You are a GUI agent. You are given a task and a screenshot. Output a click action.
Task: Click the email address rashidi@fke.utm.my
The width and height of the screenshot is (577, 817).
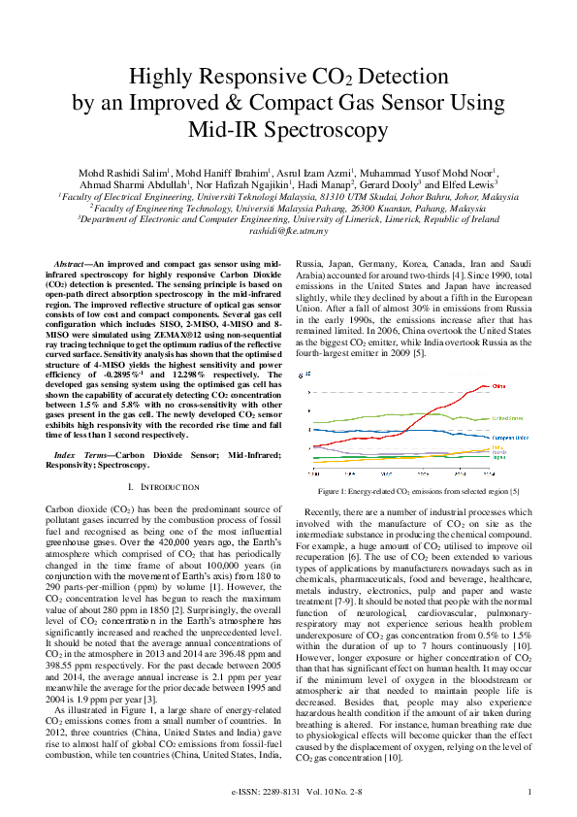coord(288,230)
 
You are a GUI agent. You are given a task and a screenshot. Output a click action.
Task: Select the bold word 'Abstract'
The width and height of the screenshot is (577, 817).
coord(70,264)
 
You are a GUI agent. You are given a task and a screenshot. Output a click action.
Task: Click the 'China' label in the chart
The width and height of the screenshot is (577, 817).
coord(528,386)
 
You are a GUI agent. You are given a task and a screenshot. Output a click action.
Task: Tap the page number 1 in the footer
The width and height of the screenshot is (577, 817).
coord(529,793)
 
